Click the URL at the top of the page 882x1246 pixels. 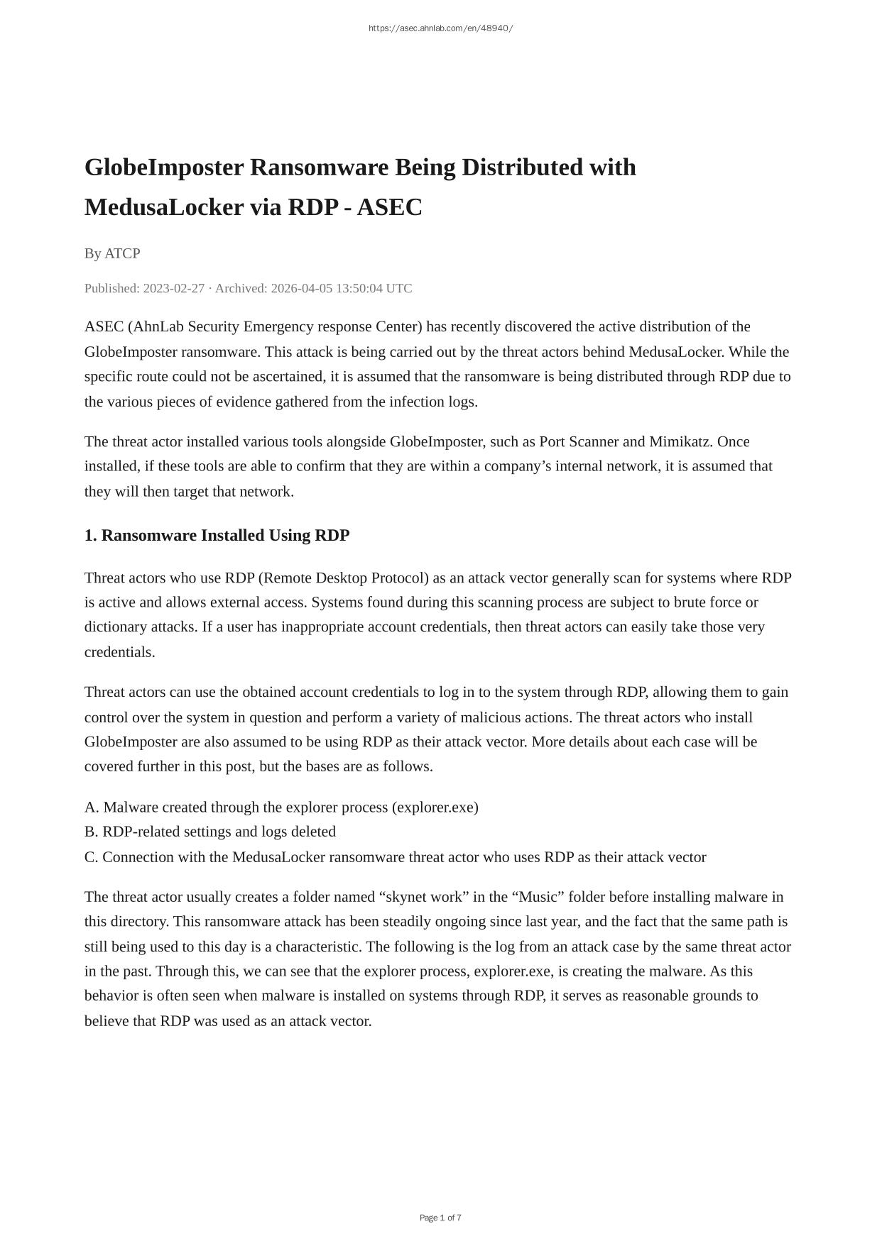(x=440, y=28)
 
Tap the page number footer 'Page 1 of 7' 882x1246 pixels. (x=440, y=1218)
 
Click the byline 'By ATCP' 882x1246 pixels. (x=112, y=253)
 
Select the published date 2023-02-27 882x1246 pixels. (x=173, y=288)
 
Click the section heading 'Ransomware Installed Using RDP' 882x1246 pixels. (x=225, y=535)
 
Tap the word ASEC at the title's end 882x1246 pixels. (x=389, y=207)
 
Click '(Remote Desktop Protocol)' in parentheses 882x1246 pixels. (x=344, y=578)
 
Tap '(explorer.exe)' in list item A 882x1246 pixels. (x=435, y=807)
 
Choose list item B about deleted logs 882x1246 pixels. (x=210, y=832)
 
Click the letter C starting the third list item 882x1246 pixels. (x=90, y=857)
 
